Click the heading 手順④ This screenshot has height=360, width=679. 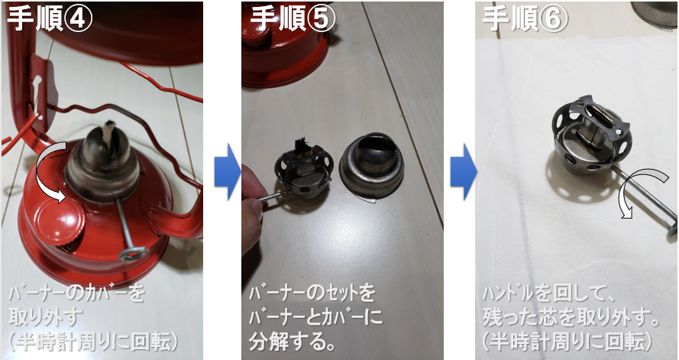[50, 18]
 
